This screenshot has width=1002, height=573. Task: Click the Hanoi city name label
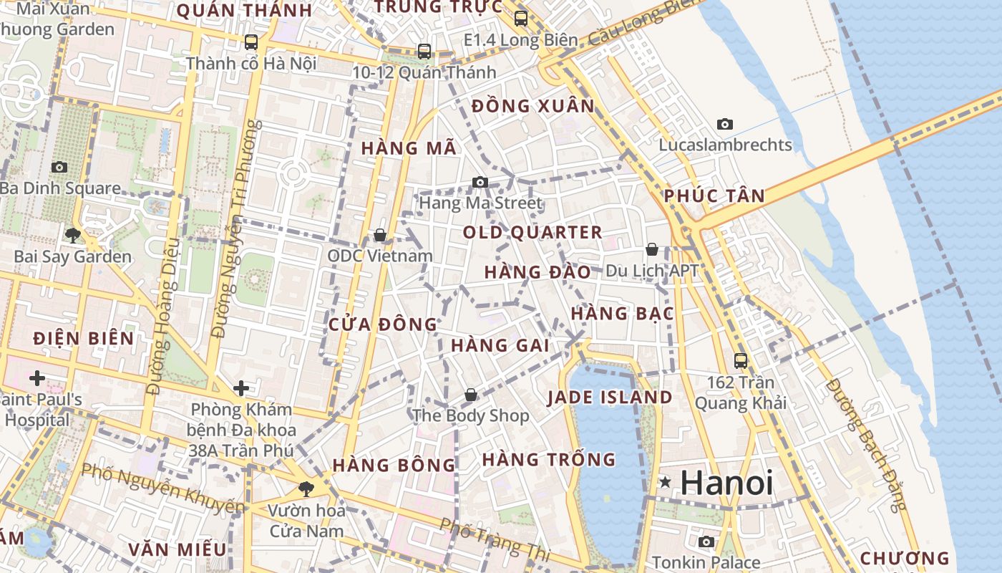pos(726,483)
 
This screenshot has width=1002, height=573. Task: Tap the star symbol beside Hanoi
pos(666,482)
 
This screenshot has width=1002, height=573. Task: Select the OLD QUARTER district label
pos(532,232)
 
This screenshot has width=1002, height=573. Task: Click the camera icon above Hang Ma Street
pos(480,183)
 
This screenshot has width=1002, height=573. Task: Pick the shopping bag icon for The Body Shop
pos(471,395)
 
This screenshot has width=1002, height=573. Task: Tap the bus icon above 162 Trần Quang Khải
pos(741,361)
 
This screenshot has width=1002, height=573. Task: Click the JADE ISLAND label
pos(610,398)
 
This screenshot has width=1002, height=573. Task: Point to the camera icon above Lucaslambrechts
pos(725,125)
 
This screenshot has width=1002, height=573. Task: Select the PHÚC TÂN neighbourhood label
pos(714,196)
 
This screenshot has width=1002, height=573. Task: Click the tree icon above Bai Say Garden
pos(72,235)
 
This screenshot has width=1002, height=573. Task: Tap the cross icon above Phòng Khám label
pos(241,389)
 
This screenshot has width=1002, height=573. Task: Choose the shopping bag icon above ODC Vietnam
pos(380,235)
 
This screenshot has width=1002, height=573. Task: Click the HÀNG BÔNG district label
pos(394,465)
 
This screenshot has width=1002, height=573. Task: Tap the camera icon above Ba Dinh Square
pos(59,168)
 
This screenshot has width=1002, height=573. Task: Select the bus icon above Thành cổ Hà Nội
pos(251,42)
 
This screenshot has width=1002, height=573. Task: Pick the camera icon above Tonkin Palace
pos(706,542)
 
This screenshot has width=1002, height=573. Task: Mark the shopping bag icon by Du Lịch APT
pos(652,249)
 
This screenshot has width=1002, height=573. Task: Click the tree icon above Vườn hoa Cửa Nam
pos(306,489)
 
